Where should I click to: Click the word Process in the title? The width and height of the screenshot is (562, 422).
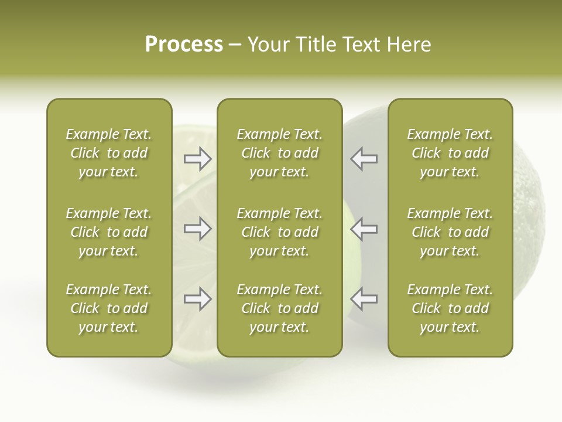click(x=184, y=45)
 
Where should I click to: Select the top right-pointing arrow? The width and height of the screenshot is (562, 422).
click(x=197, y=159)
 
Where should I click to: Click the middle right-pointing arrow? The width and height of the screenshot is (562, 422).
click(x=197, y=229)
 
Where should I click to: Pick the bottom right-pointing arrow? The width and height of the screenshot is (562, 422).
click(x=197, y=299)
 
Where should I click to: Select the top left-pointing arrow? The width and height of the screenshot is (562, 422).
click(x=364, y=159)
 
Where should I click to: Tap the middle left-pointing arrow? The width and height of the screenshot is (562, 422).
click(x=364, y=229)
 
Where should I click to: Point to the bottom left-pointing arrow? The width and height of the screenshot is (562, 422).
click(x=364, y=299)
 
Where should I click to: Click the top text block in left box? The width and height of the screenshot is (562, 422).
click(x=109, y=153)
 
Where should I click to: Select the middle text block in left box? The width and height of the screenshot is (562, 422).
click(x=109, y=232)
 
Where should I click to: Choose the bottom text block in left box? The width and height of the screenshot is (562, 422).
click(x=109, y=308)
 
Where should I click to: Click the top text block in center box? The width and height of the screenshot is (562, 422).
click(x=279, y=153)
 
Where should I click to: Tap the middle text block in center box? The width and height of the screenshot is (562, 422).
click(x=279, y=232)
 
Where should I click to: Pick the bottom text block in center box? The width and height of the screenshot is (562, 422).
click(x=279, y=308)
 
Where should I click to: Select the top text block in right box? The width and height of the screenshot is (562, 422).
click(x=450, y=153)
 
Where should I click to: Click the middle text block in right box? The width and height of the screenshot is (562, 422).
click(x=450, y=232)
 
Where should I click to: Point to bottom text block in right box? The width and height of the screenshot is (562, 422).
click(x=450, y=308)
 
